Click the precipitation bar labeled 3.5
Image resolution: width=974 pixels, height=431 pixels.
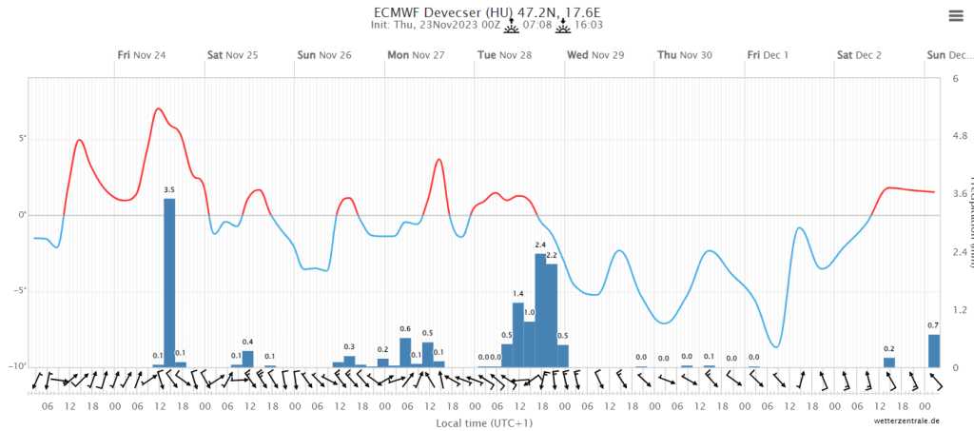pos(169,282)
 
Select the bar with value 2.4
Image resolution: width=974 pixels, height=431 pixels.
pos(540,309)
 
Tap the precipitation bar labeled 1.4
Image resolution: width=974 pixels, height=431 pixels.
pos(518,334)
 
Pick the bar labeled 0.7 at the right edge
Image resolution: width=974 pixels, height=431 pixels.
pos(934,350)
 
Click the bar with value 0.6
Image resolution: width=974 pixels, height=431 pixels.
pos(405,352)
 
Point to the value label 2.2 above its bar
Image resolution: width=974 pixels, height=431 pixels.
pos(552,256)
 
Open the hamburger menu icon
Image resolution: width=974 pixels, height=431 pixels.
pos(955,15)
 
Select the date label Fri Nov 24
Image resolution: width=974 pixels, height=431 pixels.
pos(142,55)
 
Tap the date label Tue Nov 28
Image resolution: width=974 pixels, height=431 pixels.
pos(503,55)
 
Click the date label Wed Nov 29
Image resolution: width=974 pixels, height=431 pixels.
pos(595,55)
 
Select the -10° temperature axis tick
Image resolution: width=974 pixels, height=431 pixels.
pos(19,366)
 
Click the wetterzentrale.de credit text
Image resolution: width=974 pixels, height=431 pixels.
pos(908,420)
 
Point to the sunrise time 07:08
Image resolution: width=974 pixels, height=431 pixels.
pos(537,26)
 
